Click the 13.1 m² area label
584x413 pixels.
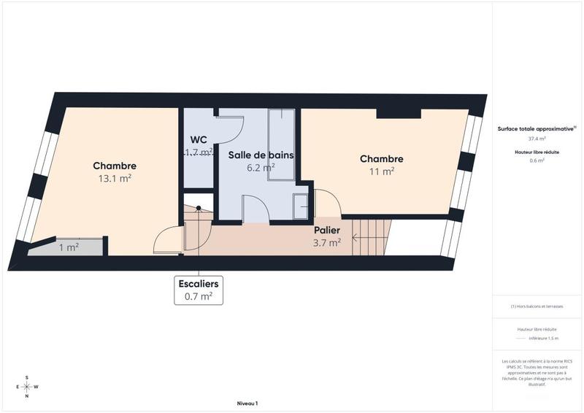115,178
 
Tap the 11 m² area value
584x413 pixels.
382,171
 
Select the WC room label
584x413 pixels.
199,139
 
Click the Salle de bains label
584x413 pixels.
261,155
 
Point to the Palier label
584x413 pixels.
327,231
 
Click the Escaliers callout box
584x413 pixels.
198,290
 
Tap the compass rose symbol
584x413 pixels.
27,387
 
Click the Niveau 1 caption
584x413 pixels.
247,404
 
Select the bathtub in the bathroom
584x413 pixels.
281,144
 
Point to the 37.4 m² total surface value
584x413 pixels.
537,138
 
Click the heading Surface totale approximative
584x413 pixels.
536,128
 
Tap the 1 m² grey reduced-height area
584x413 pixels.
69,247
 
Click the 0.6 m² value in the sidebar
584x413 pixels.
537,161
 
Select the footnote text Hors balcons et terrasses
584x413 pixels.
537,306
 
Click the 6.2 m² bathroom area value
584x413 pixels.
261,167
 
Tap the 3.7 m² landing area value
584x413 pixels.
327,243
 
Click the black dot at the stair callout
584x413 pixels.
198,208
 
